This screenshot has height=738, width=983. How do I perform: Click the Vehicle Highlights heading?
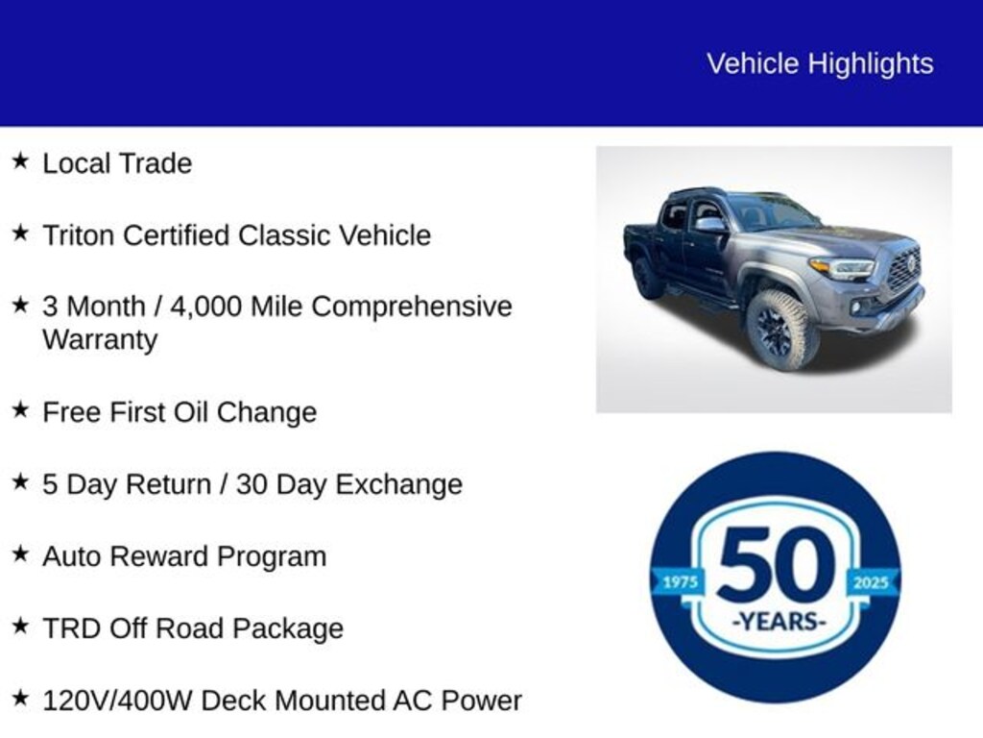click(x=820, y=64)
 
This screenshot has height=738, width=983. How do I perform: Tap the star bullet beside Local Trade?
click(x=20, y=160)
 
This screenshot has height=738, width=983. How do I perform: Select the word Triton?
click(x=83, y=235)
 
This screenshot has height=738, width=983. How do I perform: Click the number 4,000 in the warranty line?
click(x=206, y=307)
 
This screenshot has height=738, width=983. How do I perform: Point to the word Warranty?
click(x=100, y=340)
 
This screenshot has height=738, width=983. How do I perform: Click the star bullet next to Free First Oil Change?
click(x=20, y=409)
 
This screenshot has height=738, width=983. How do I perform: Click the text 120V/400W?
click(x=117, y=701)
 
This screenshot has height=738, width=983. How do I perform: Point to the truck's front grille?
click(x=904, y=268)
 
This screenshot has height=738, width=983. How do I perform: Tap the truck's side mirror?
click(x=710, y=225)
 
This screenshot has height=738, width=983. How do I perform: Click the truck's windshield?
click(x=773, y=211)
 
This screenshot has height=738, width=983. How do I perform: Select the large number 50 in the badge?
click(x=776, y=564)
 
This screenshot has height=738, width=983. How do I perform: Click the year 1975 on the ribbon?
click(x=681, y=582)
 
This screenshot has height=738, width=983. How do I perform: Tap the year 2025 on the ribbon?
click(x=871, y=582)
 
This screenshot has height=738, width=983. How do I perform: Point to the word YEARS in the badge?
click(x=779, y=622)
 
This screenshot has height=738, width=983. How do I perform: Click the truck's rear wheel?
click(x=646, y=277)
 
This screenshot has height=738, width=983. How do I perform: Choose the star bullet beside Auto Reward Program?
click(x=20, y=553)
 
